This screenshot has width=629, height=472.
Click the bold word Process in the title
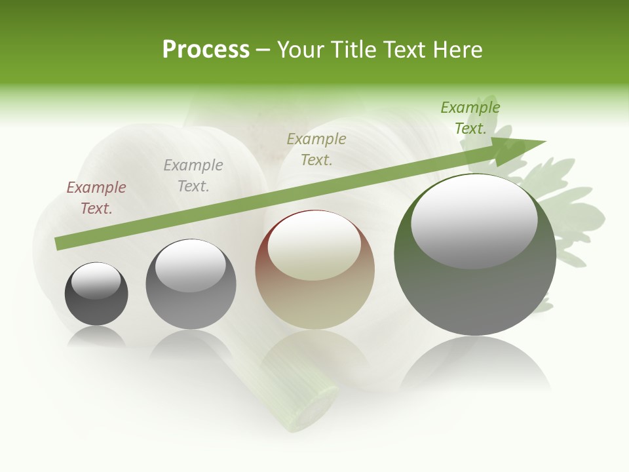coord(206,50)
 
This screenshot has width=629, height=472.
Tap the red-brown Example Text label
coord(96,198)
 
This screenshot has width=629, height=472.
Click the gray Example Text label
coord(193,176)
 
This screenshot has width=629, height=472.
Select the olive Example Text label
coord(316,149)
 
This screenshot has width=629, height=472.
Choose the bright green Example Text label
coord(470,118)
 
